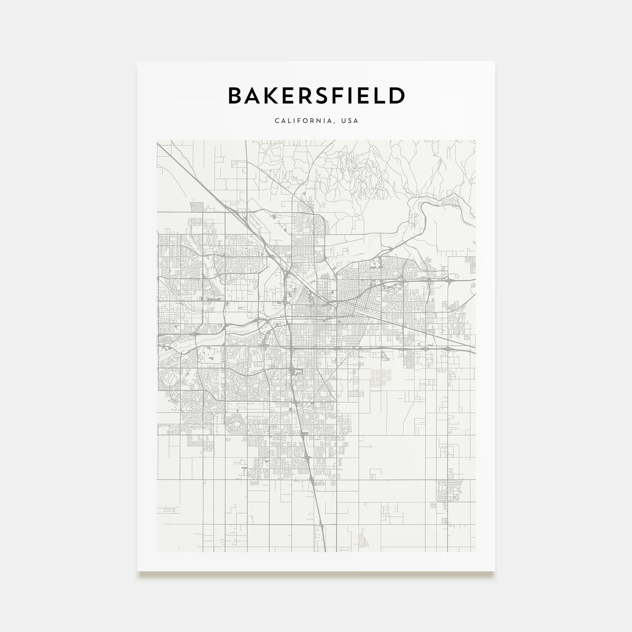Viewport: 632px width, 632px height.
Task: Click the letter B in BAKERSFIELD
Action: coord(236,96)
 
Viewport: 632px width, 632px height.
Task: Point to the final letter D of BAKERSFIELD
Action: coord(397,96)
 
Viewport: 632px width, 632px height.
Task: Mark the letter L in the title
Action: coord(380,96)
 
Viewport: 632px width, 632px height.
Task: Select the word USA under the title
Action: coord(349,121)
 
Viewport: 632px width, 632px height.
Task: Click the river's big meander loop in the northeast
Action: coord(418,212)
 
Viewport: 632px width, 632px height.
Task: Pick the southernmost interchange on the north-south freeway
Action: coord(321,525)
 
